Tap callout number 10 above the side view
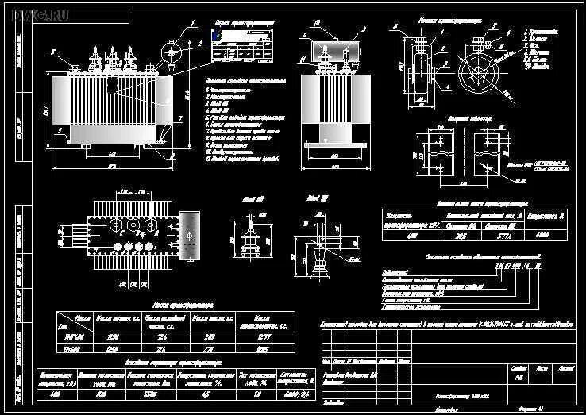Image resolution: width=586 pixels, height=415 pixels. [315, 24]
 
